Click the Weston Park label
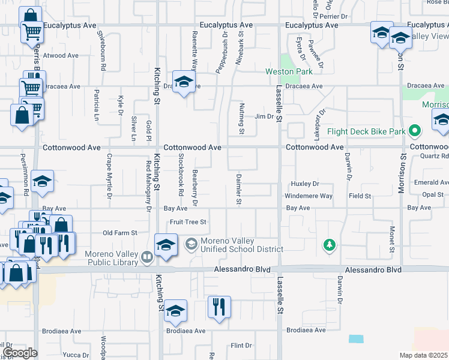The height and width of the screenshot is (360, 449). pos(288,72)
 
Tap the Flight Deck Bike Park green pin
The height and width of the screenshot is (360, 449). pos(414,131)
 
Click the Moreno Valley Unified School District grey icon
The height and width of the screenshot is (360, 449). pos(191,244)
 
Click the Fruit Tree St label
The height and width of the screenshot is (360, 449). pos(188,222)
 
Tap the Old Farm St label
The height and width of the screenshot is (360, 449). pos(120,233)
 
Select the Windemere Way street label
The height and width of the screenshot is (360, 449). pos(309,196)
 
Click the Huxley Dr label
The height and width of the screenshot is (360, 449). pos(304,184)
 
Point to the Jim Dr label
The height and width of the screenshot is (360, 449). pos(264,116)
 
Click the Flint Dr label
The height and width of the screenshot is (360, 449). pos(241,346)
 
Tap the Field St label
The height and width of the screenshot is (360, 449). pos(360,196)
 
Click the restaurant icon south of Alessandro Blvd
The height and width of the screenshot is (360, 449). pos(218,307)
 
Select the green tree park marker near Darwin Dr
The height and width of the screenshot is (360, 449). pos(329,244)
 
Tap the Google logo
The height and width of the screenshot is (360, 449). pos(19,353)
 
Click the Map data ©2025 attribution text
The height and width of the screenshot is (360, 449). pos(423,355)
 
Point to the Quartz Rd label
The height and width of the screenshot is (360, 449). pos(434,157)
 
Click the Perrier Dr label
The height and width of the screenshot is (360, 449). pos(337,16)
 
